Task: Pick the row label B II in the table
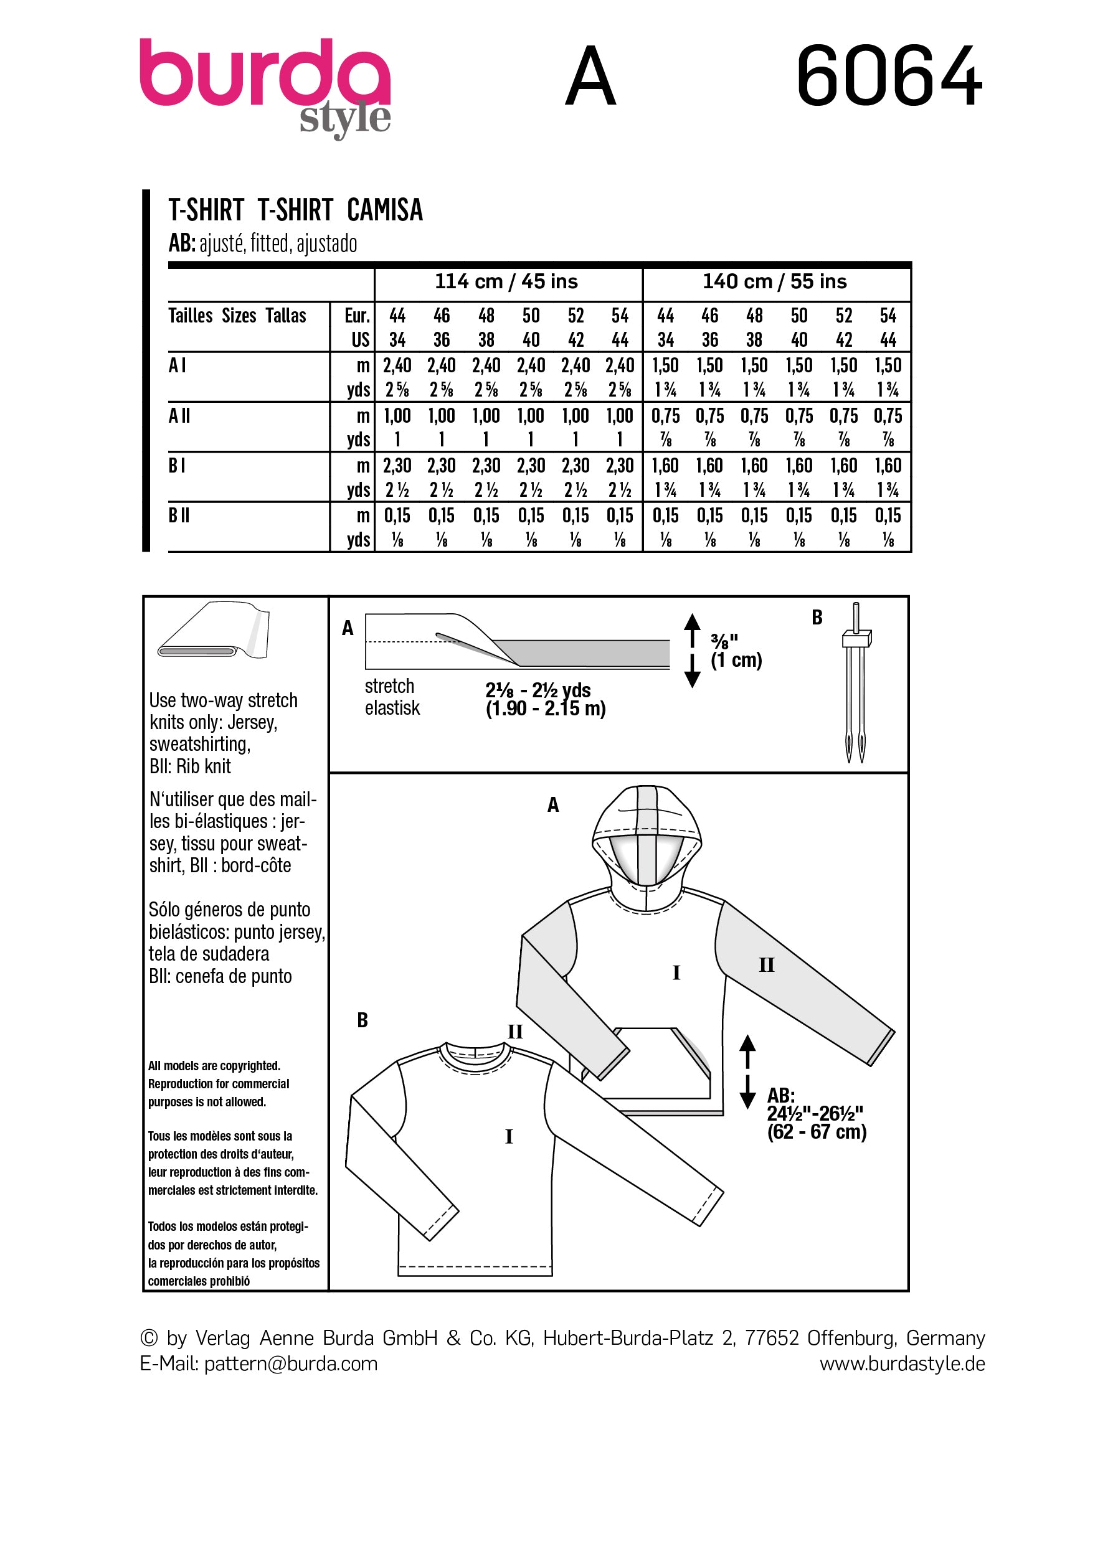click(179, 515)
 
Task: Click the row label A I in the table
click(177, 365)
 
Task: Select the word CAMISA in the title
click(385, 210)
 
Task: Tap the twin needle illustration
click(856, 680)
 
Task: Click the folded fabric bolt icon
click(214, 631)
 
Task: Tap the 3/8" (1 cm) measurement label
click(736, 651)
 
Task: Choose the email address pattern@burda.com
click(291, 1363)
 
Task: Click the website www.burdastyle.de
click(901, 1363)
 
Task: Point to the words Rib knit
click(204, 766)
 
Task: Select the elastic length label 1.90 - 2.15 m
click(546, 708)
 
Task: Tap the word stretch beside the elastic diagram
click(389, 685)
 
